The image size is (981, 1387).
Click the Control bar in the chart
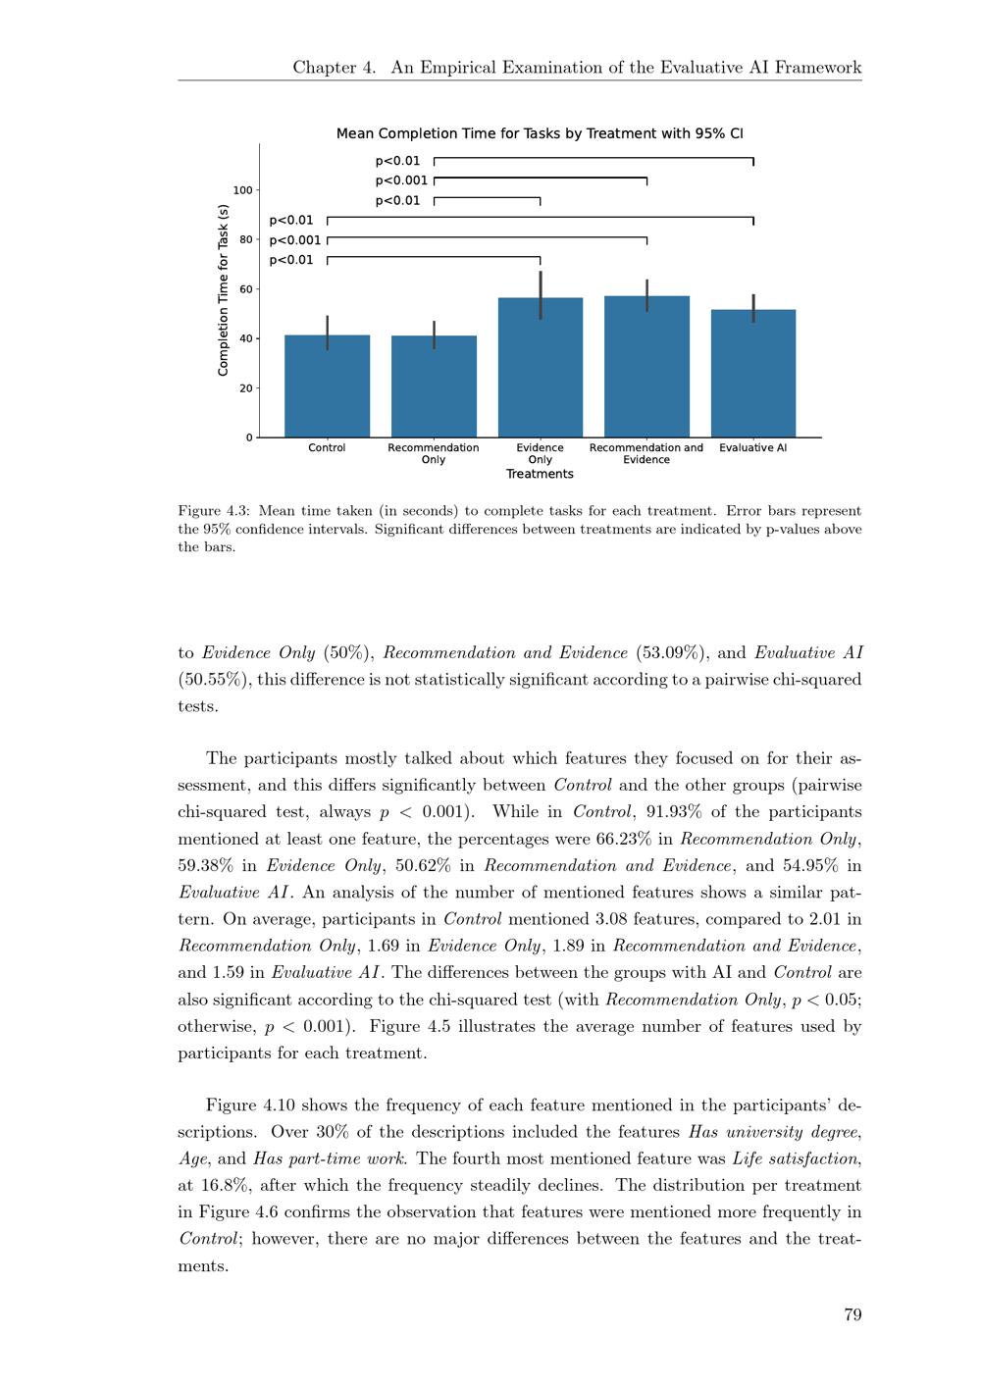327,386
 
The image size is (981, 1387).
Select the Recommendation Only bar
434,386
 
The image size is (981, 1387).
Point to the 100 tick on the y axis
242,190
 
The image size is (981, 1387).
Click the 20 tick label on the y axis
245,388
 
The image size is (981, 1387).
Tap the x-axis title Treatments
540,474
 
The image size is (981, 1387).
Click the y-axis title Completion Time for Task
223,289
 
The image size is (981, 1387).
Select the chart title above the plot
540,133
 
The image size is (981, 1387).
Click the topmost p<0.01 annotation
397,161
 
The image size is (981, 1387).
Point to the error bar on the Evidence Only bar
541,294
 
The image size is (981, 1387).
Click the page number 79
852,1314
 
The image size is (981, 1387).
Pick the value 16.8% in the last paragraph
219,1186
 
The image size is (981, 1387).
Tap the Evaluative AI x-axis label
753,448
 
